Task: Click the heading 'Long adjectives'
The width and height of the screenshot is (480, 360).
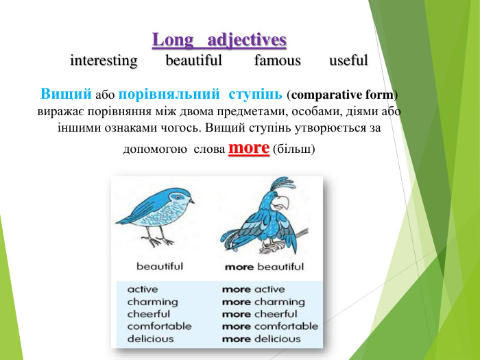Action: pyautogui.click(x=219, y=39)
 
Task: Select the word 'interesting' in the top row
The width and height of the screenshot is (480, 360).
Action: pyautogui.click(x=104, y=61)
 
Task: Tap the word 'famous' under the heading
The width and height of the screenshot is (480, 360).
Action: pyautogui.click(x=277, y=61)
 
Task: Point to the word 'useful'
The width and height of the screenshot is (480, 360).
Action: pyautogui.click(x=348, y=61)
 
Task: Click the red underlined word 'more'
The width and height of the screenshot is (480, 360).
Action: pyautogui.click(x=248, y=148)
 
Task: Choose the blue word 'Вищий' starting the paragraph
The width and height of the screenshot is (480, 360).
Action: pyautogui.click(x=66, y=93)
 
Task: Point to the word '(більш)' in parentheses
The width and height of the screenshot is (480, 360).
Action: pyautogui.click(x=294, y=149)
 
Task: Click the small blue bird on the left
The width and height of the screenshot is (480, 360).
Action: pyautogui.click(x=156, y=215)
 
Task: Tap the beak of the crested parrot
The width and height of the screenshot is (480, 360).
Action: pyautogui.click(x=283, y=204)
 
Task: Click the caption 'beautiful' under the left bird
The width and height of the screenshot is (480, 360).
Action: pyautogui.click(x=160, y=266)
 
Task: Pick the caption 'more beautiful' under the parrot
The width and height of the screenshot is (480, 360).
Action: pyautogui.click(x=264, y=266)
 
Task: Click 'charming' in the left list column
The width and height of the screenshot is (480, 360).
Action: pyautogui.click(x=152, y=302)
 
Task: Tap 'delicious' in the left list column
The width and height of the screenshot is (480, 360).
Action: pyautogui.click(x=150, y=339)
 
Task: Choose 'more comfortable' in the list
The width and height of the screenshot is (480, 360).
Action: pyautogui.click(x=270, y=326)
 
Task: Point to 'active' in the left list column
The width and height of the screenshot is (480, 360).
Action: pyautogui.click(x=143, y=289)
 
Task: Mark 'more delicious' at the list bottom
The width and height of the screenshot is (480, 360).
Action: pyautogui.click(x=261, y=339)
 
